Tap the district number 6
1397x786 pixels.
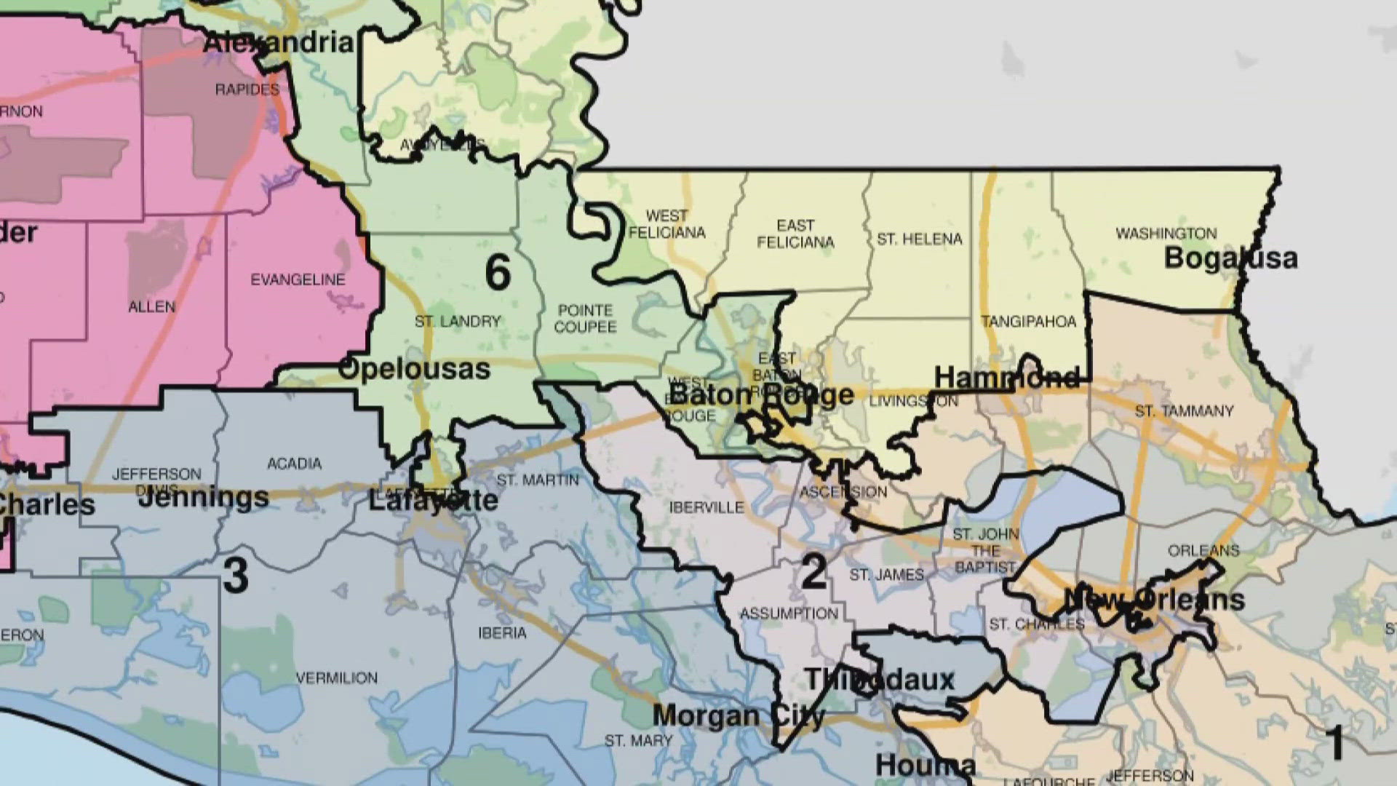(498, 274)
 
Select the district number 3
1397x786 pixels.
(235, 575)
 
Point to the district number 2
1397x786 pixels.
(813, 571)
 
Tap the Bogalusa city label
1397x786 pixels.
(1230, 258)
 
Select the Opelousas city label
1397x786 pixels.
(415, 369)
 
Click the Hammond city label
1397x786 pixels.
(1007, 378)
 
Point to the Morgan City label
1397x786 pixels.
(738, 716)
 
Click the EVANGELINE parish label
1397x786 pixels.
(298, 280)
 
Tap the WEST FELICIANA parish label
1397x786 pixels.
(666, 224)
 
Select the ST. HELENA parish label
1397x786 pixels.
(919, 239)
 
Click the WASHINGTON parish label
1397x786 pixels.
(1166, 234)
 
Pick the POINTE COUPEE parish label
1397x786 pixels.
(585, 319)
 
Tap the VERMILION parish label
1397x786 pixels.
(337, 678)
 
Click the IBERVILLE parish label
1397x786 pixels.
(706, 507)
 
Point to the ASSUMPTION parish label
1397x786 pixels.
(789, 614)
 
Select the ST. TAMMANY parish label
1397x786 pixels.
(1184, 411)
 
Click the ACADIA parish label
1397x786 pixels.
(294, 464)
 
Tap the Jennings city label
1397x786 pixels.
(203, 499)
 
